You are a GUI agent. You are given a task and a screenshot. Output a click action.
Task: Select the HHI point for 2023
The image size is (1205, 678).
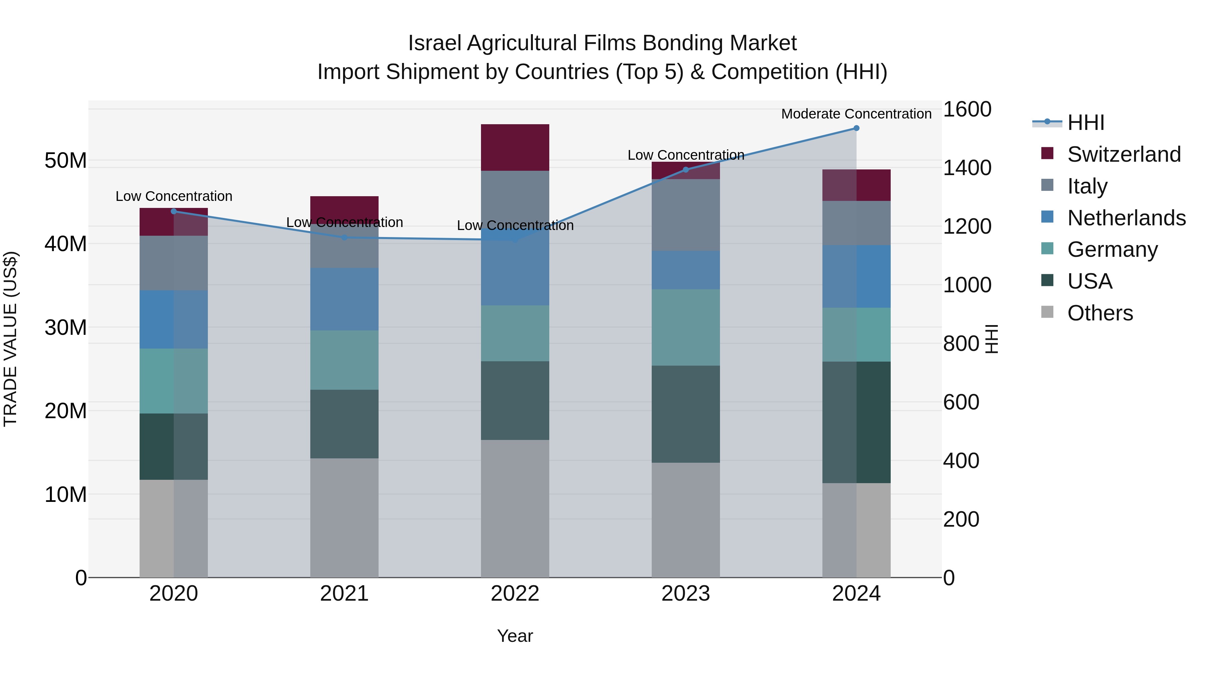[x=686, y=170]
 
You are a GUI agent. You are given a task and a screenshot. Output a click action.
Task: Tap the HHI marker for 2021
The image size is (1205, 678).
[x=344, y=238]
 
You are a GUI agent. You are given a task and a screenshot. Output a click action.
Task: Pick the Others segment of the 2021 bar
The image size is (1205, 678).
[x=344, y=518]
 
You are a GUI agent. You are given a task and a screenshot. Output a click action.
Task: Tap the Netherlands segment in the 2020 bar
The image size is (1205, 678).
[x=173, y=320]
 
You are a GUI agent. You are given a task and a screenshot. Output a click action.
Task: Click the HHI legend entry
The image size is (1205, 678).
[x=1085, y=123]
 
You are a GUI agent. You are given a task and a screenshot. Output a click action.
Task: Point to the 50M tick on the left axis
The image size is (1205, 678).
[x=66, y=160]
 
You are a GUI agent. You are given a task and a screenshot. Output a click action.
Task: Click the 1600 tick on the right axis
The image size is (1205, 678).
[x=966, y=109]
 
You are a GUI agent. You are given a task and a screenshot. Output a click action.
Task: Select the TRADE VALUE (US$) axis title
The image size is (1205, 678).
[x=10, y=339]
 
